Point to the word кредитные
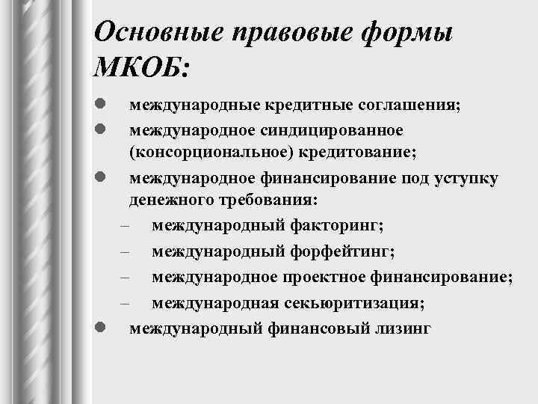coord(290,105)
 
